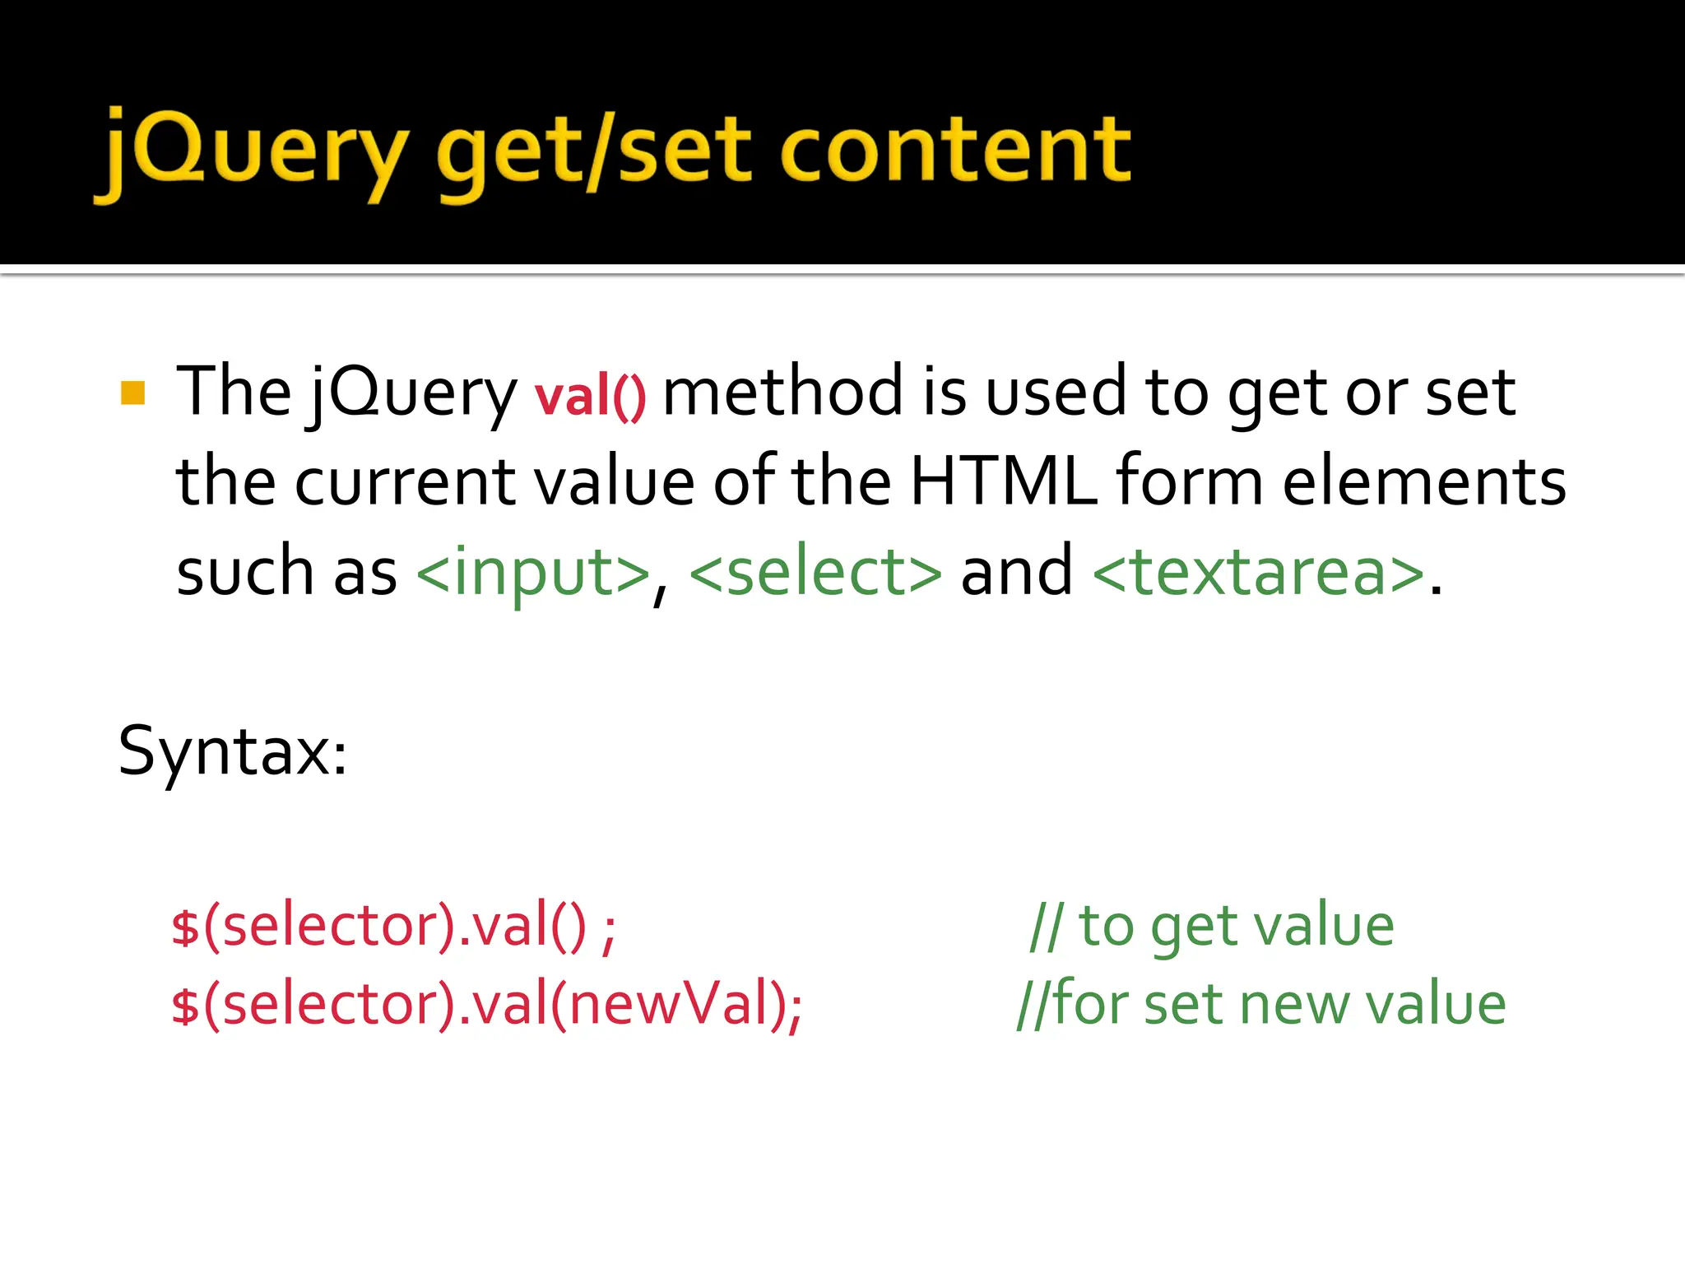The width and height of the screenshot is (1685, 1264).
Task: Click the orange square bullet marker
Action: pos(132,393)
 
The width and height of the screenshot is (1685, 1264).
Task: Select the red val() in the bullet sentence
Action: pos(590,396)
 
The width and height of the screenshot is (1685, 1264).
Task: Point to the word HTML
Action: pos(1003,481)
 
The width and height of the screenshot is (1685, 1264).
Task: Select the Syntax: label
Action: pos(233,750)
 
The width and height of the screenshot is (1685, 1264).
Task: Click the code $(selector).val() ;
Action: pos(393,927)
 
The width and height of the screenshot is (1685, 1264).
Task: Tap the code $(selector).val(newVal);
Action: pos(486,1004)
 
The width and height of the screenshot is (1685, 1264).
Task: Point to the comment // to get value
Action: pos(1211,927)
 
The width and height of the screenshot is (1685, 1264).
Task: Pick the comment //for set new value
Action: pos(1261,1004)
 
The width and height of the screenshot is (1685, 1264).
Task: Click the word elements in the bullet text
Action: pos(1424,481)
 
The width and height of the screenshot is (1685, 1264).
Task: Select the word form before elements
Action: pos(1189,481)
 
